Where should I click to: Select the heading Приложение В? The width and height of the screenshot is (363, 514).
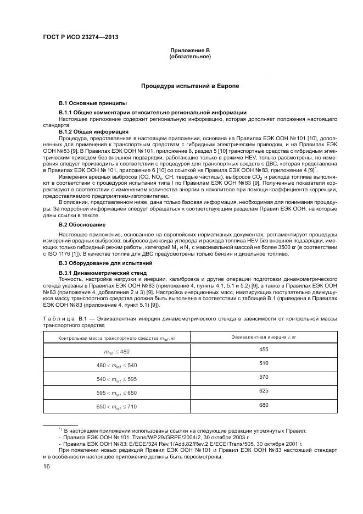189,51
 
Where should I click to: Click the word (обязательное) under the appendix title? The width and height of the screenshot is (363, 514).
189,57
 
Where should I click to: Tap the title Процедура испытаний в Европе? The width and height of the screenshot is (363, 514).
189,86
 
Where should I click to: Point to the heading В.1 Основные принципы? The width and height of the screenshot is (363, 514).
92,103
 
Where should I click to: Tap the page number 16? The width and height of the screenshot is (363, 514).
46,467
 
